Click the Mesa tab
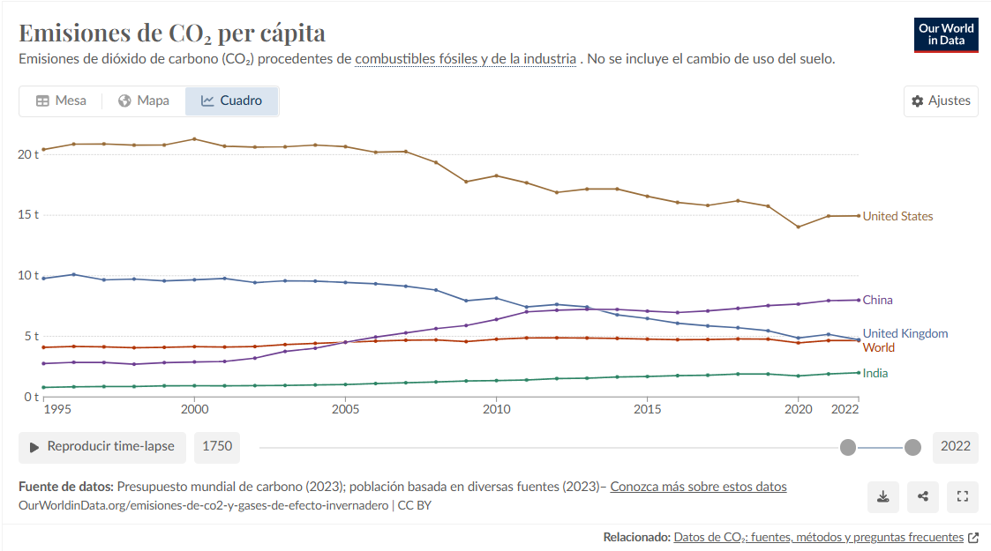coord(61,101)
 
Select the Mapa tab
coord(143,101)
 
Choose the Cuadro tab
coord(231,101)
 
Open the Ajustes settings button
coord(941,101)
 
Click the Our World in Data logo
coord(946,34)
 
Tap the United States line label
coord(897,216)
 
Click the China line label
coord(877,300)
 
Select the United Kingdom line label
coord(905,333)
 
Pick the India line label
coord(875,373)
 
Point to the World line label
coord(878,347)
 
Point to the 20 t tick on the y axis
coord(28,154)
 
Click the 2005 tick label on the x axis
coord(345,410)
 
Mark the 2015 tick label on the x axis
coord(648,410)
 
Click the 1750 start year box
coord(217,446)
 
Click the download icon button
coord(882,496)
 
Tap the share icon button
coord(923,496)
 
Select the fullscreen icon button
coord(963,496)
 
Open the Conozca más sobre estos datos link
coord(698,487)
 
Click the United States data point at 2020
coord(799,227)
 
